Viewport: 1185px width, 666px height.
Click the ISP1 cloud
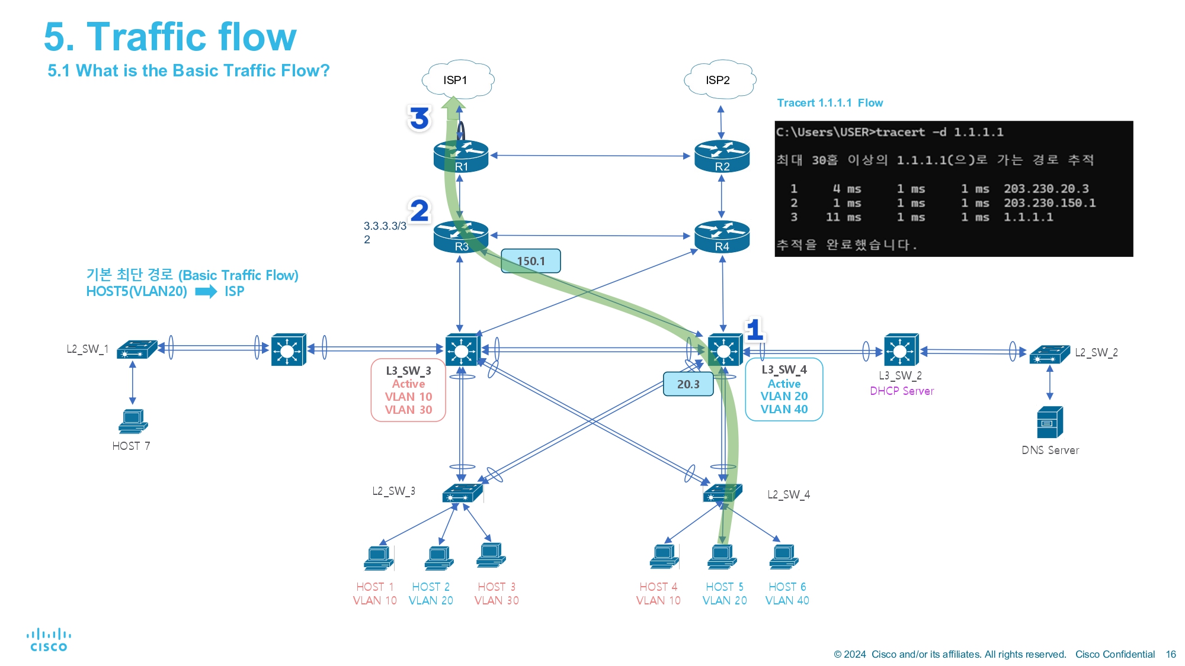point(457,79)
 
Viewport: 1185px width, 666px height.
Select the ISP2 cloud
point(719,79)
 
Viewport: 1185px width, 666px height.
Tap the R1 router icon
point(461,156)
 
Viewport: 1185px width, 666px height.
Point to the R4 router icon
point(722,236)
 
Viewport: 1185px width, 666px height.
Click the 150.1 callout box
point(531,261)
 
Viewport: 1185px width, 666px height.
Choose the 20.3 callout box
point(688,384)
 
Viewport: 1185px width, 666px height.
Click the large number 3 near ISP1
point(419,118)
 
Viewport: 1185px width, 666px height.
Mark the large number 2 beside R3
point(419,210)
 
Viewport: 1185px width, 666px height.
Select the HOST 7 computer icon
point(133,422)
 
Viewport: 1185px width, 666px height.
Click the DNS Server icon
point(1050,422)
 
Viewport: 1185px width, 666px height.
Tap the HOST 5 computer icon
point(722,557)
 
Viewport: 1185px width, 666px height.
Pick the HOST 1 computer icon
point(379,558)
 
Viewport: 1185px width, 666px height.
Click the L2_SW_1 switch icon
point(137,349)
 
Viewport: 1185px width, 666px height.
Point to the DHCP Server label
point(902,391)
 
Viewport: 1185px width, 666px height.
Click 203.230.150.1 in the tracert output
point(1049,203)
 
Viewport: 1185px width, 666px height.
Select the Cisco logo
point(49,640)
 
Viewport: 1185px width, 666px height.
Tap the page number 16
point(1171,654)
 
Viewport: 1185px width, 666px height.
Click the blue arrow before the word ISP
point(206,291)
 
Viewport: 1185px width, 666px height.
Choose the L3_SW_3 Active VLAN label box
point(408,390)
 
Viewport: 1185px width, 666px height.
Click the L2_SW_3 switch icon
point(463,493)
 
